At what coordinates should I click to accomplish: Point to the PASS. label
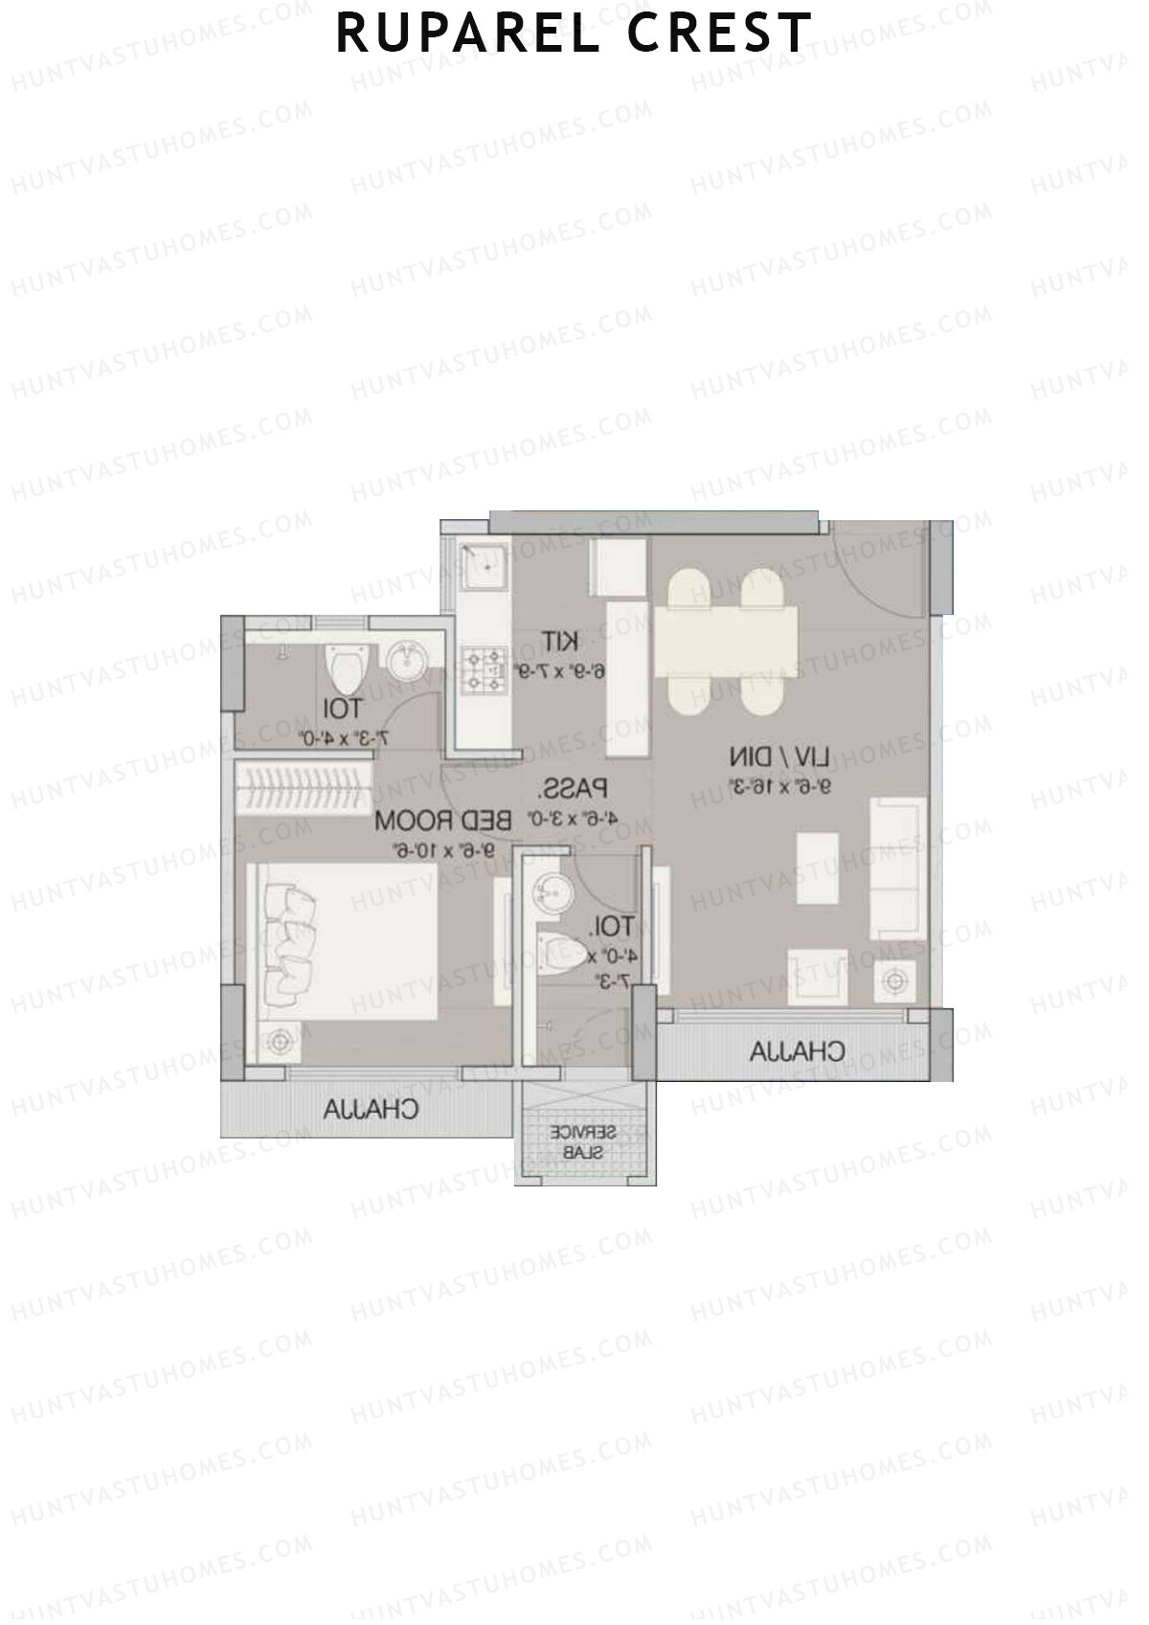[574, 790]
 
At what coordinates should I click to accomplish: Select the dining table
[727, 640]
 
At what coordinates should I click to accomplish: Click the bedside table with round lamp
[280, 1041]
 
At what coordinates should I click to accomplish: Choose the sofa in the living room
[897, 869]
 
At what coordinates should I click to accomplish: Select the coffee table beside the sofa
[817, 868]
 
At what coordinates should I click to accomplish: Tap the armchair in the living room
[817, 978]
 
